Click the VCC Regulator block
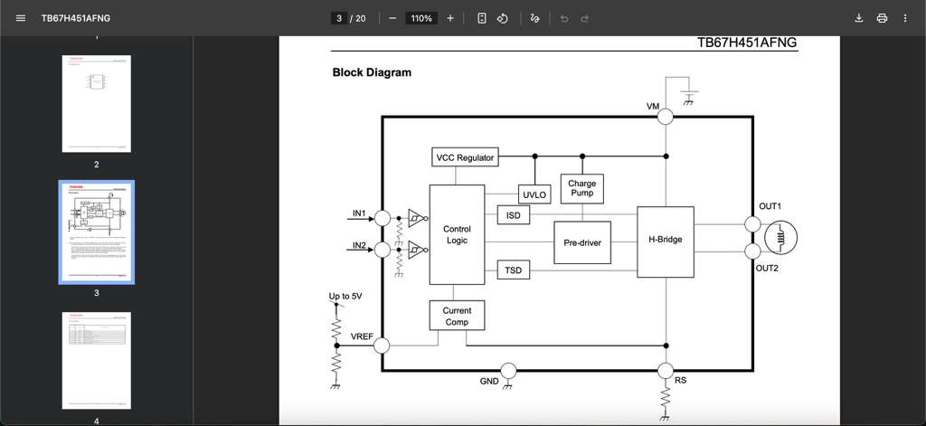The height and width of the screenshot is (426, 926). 465,157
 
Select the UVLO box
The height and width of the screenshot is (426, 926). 534,194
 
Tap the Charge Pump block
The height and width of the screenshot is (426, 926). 581,189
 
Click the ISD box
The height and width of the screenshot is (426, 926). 513,215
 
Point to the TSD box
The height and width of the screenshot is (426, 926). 513,270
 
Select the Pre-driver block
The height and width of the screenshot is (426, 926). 582,242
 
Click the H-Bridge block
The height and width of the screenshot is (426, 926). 665,241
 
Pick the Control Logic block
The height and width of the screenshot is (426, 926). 457,234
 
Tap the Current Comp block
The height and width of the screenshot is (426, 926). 457,316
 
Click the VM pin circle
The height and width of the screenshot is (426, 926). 666,116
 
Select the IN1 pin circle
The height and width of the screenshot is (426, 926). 383,218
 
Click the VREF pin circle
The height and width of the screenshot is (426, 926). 382,346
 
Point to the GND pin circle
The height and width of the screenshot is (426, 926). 508,370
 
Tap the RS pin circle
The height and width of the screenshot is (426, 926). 666,370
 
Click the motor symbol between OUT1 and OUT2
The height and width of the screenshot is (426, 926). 780,238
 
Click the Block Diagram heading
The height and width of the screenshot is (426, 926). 372,72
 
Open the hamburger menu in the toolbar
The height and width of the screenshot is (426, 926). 21,18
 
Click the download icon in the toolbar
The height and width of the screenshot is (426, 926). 858,18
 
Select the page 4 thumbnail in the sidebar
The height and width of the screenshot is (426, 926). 97,359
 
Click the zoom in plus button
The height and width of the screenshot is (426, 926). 450,18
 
